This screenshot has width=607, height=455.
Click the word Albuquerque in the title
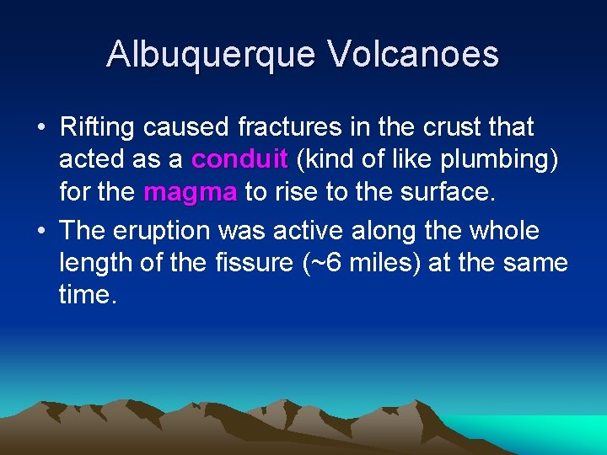210,54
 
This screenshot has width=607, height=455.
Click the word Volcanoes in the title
413,54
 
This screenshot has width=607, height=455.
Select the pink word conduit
240,160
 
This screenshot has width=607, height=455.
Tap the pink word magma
191,192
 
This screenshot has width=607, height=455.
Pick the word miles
379,263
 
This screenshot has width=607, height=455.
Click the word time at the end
88,295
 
